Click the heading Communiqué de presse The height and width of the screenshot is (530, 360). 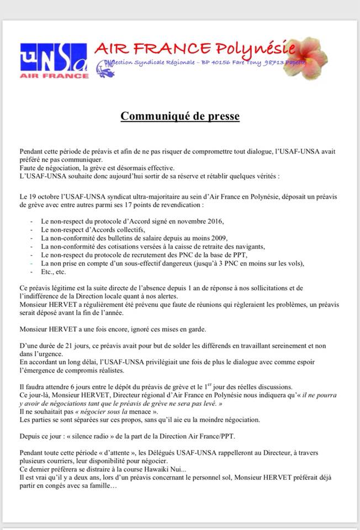point(180,116)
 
